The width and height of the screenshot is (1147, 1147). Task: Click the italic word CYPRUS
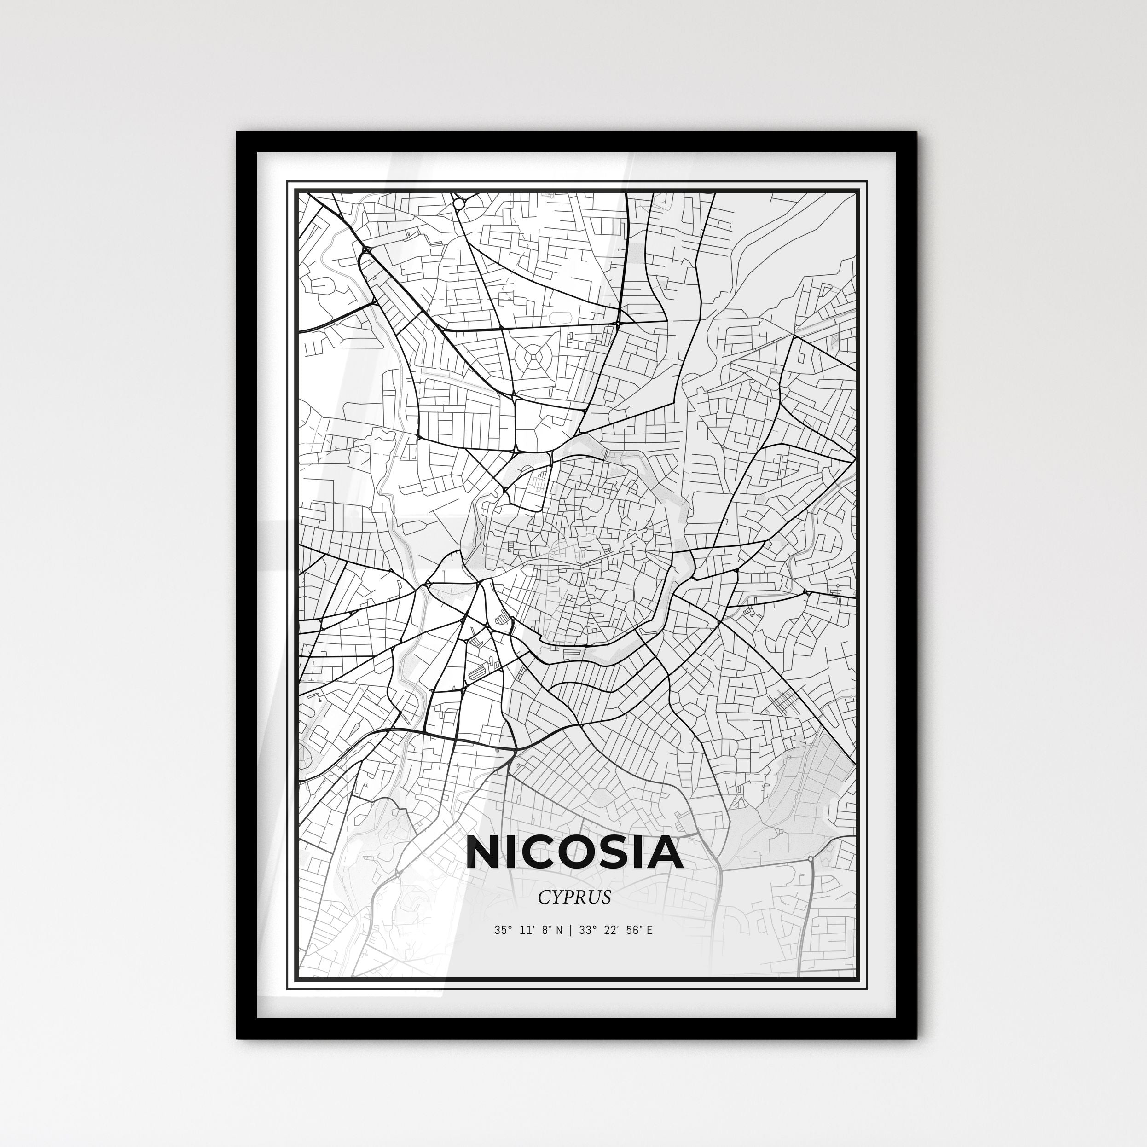[574, 897]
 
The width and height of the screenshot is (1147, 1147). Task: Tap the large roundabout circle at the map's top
[458, 203]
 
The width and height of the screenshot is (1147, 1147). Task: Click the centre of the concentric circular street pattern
[533, 358]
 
